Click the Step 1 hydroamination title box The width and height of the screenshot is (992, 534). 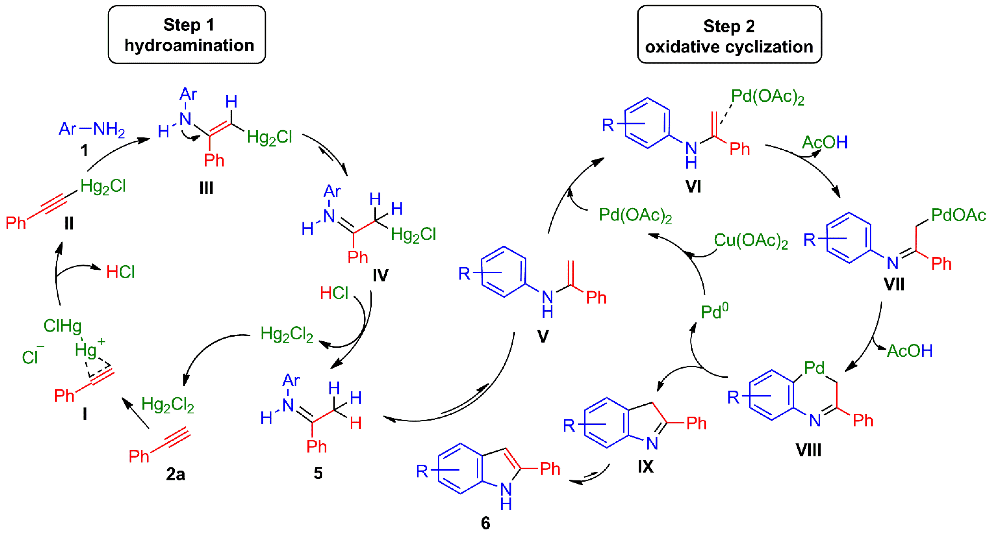[x=187, y=35]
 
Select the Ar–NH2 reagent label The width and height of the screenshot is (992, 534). [x=92, y=129]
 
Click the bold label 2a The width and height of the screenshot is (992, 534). [x=175, y=474]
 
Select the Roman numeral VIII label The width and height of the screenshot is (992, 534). [x=808, y=450]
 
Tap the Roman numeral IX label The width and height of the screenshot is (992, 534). [x=645, y=467]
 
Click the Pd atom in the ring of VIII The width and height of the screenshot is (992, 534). [x=814, y=368]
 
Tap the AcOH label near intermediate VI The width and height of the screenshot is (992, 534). [x=825, y=143]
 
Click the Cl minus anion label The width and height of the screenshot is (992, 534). [x=32, y=356]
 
